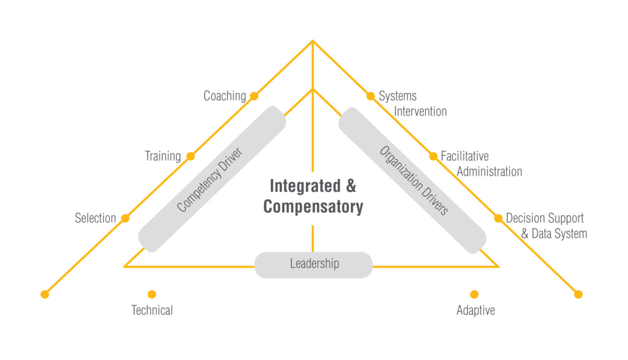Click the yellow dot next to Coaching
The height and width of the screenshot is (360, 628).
click(254, 96)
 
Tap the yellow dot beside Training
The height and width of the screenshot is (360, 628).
click(191, 157)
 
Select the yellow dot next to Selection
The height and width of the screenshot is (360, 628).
click(125, 218)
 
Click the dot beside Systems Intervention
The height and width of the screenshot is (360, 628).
click(371, 96)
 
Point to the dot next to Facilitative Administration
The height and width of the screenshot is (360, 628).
click(433, 156)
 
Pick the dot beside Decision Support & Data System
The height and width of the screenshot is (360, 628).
click(498, 218)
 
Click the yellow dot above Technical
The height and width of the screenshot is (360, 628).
click(152, 294)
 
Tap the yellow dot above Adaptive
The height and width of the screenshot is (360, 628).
click(474, 294)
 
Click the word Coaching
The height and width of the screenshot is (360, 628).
click(224, 96)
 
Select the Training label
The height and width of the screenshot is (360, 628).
click(163, 157)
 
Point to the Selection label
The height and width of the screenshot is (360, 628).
click(95, 218)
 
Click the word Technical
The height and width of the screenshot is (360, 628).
click(152, 310)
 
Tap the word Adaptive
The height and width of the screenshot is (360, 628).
click(475, 310)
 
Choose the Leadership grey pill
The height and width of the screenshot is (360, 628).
click(314, 265)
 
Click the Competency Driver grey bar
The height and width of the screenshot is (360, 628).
click(212, 179)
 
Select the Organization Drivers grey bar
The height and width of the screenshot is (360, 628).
click(412, 180)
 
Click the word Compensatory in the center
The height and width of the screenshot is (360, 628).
click(313, 207)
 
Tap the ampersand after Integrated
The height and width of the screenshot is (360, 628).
click(351, 187)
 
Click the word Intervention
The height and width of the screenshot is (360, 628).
click(420, 111)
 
